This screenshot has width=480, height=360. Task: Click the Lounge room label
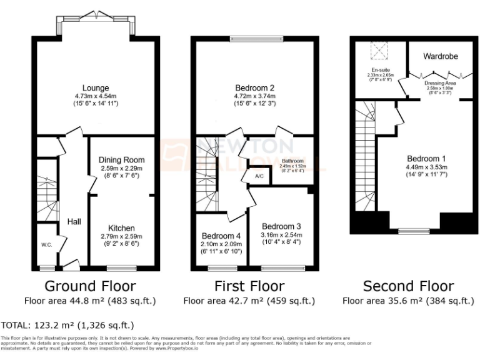pyautogui.click(x=95, y=87)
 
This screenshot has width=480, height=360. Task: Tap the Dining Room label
pyautogui.click(x=121, y=160)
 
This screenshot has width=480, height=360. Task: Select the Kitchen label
pyautogui.click(x=121, y=227)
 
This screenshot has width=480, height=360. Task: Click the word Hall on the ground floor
pyautogui.click(x=74, y=221)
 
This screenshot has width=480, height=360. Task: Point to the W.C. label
pyautogui.click(x=46, y=244)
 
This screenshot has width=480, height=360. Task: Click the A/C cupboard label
pyautogui.click(x=259, y=176)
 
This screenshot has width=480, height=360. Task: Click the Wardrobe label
pyautogui.click(x=440, y=56)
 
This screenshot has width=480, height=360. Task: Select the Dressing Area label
pyautogui.click(x=440, y=82)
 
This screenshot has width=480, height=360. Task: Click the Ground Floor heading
pyautogui.click(x=90, y=286)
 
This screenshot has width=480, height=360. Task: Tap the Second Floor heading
pyautogui.click(x=408, y=286)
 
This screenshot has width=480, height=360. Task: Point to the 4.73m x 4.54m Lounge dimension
pyautogui.click(x=95, y=96)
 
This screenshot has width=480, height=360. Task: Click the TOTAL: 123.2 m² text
pyautogui.click(x=67, y=326)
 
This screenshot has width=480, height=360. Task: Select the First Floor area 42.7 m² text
pyautogui.click(x=249, y=301)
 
